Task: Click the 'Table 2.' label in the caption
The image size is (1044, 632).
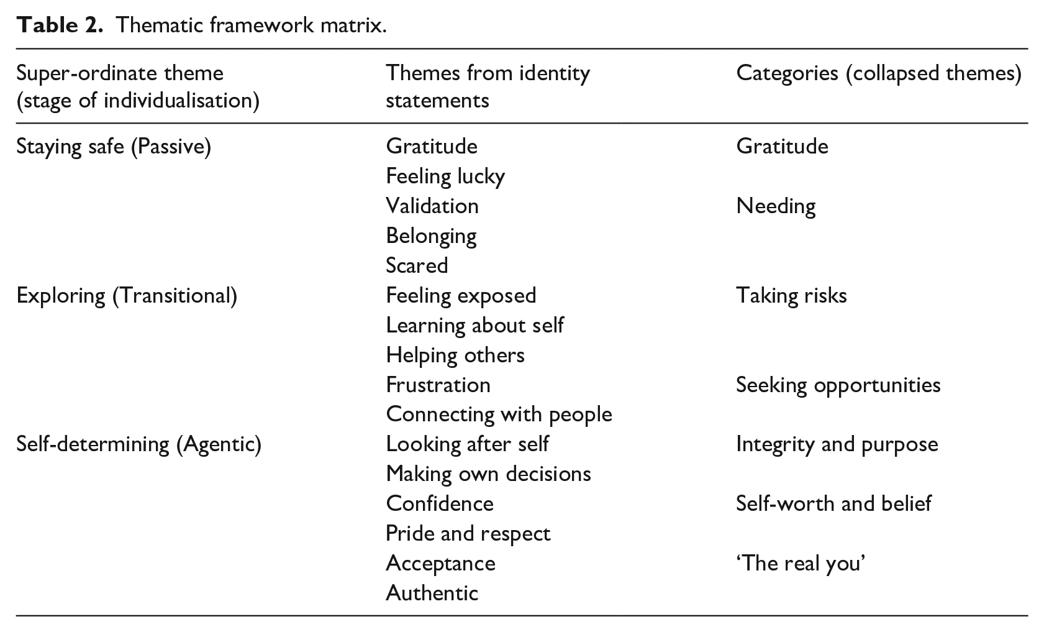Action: [x=59, y=25]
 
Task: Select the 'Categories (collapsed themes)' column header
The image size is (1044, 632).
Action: [x=879, y=74]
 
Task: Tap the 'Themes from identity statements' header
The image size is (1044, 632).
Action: [x=488, y=87]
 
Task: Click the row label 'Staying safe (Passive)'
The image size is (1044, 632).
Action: [x=114, y=147]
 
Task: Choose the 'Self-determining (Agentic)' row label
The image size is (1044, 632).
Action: [x=139, y=444]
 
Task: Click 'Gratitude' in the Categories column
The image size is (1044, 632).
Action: [x=782, y=147]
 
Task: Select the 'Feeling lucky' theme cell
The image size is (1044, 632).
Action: [x=445, y=177]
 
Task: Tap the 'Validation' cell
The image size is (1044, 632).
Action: [x=432, y=206]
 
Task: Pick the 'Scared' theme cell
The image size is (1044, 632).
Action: [x=417, y=266]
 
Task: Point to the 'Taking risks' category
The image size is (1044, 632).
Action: [x=791, y=296]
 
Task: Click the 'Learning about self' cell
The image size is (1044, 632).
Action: [x=475, y=326]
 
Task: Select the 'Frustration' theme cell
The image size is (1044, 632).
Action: [x=438, y=385]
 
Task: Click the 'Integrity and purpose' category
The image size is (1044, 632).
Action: [x=837, y=445]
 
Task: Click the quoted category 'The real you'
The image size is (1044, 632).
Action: [x=801, y=564]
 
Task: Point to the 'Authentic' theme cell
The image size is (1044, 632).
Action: [x=432, y=593]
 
